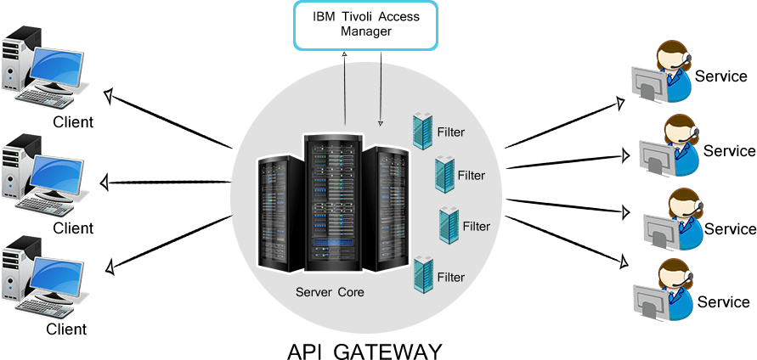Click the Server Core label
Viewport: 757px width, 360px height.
[x=330, y=292]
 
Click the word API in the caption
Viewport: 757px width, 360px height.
[x=308, y=351]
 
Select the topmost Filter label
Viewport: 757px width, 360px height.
[x=451, y=132]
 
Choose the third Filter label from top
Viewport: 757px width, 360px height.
[x=477, y=227]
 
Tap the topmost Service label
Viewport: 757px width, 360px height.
[x=721, y=75]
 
